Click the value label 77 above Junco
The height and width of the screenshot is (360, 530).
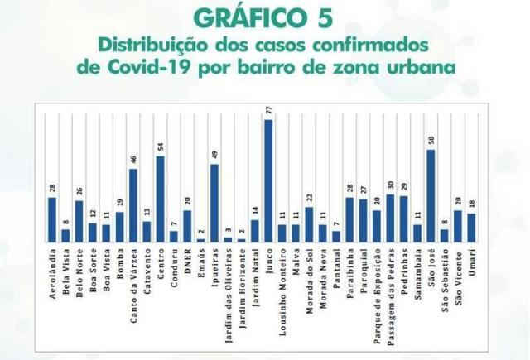tap(268, 111)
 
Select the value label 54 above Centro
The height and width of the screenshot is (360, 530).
tap(160, 147)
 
